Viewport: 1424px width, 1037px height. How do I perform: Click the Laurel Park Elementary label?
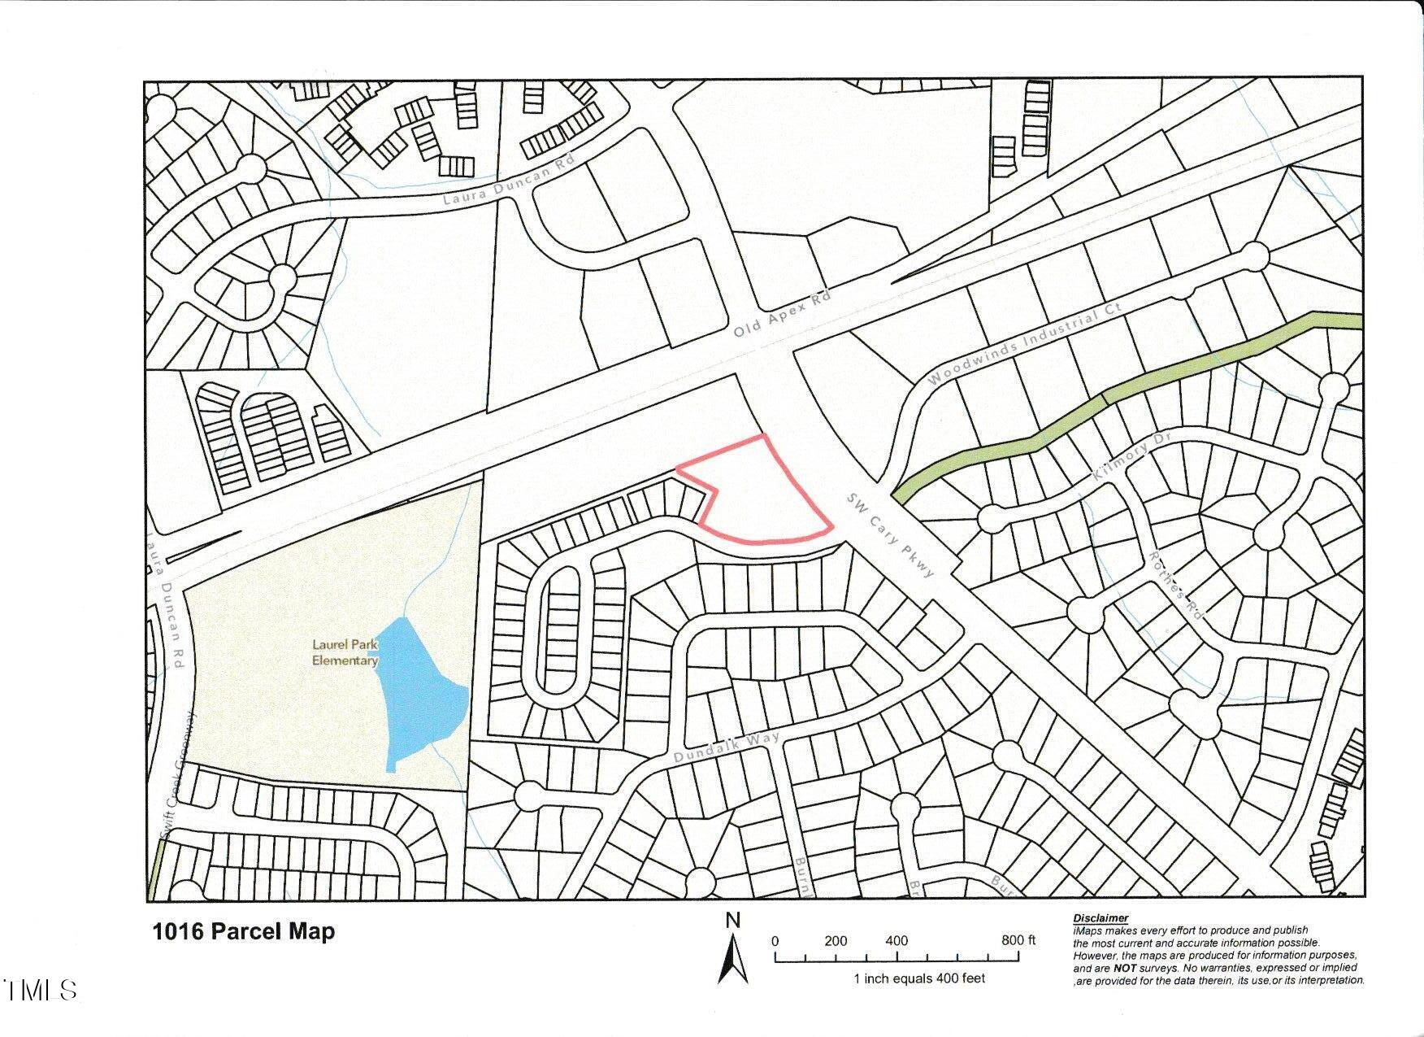(345, 652)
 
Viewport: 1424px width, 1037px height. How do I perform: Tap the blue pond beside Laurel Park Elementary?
(423, 691)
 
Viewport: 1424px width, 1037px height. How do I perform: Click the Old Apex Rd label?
(782, 316)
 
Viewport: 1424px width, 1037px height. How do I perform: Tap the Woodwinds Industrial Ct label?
(1025, 344)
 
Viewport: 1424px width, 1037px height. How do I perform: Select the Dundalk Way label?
(727, 748)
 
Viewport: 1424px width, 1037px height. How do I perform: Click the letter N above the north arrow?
(733, 920)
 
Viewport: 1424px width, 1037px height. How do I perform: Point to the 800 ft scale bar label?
(1018, 940)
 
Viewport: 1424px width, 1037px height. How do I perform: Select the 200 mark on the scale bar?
(836, 941)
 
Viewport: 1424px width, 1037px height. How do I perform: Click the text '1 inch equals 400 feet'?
(918, 978)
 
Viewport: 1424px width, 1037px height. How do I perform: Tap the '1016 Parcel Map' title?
(243, 931)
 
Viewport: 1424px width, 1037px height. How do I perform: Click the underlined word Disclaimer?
(1101, 918)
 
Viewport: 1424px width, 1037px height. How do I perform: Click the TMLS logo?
(41, 990)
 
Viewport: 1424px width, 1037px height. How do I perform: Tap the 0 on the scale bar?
(775, 941)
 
